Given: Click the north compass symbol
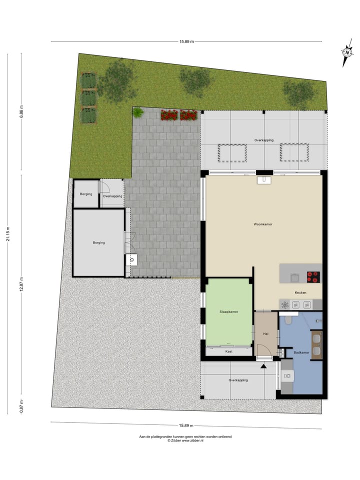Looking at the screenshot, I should [346, 52].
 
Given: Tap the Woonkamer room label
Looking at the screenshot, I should [263, 224].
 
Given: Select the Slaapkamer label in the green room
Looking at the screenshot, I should [228, 311].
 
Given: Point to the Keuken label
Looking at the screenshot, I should [300, 293].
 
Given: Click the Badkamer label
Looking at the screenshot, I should [301, 352].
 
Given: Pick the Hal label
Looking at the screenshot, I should [265, 334].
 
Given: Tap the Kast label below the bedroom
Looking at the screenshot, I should [228, 351].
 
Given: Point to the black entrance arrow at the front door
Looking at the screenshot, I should [263, 366].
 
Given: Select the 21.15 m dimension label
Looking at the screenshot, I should [8, 234].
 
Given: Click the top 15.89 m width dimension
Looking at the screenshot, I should [186, 41].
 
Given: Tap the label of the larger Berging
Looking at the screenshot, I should [99, 242].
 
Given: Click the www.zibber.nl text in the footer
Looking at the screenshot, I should [192, 440].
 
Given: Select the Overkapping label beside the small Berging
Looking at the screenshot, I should [112, 196].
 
